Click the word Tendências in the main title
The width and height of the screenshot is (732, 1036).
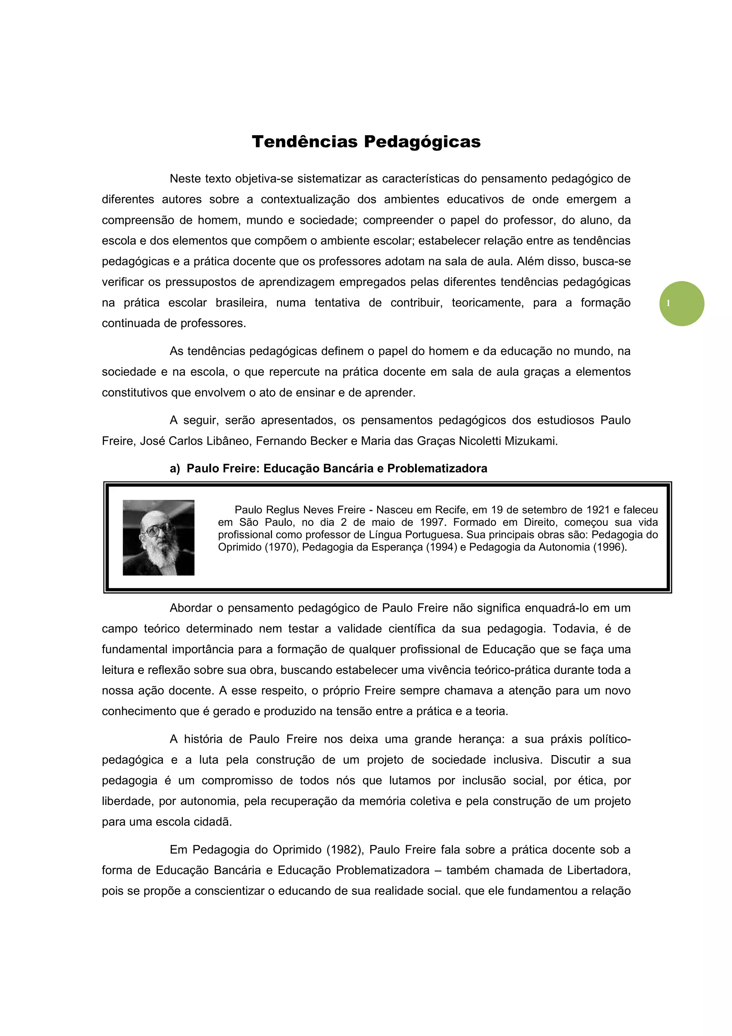(305, 142)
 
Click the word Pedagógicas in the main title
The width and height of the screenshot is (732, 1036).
(422, 142)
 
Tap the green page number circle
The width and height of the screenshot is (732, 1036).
(682, 303)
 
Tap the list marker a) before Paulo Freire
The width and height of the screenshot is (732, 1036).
(174, 468)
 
